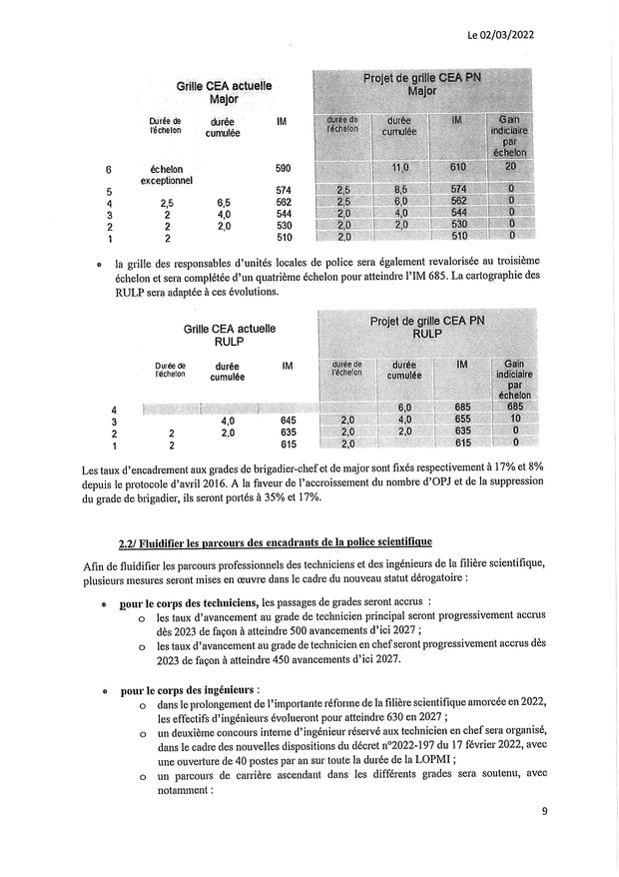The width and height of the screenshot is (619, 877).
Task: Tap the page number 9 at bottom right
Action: pyautogui.click(x=545, y=810)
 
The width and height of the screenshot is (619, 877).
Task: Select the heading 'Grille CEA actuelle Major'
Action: pyautogui.click(x=218, y=94)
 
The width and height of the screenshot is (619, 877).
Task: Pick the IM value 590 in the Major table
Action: pyautogui.click(x=284, y=170)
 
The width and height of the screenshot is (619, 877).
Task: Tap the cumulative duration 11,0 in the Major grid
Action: pyautogui.click(x=401, y=166)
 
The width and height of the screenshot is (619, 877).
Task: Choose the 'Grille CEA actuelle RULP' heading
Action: pyautogui.click(x=230, y=334)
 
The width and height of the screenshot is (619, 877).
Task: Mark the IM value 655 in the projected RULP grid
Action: pyautogui.click(x=460, y=421)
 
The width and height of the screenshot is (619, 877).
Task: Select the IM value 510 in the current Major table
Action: pyautogui.click(x=284, y=238)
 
